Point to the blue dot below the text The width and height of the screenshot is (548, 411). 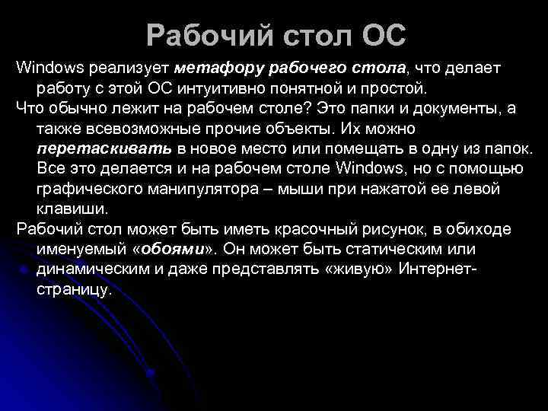152,373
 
